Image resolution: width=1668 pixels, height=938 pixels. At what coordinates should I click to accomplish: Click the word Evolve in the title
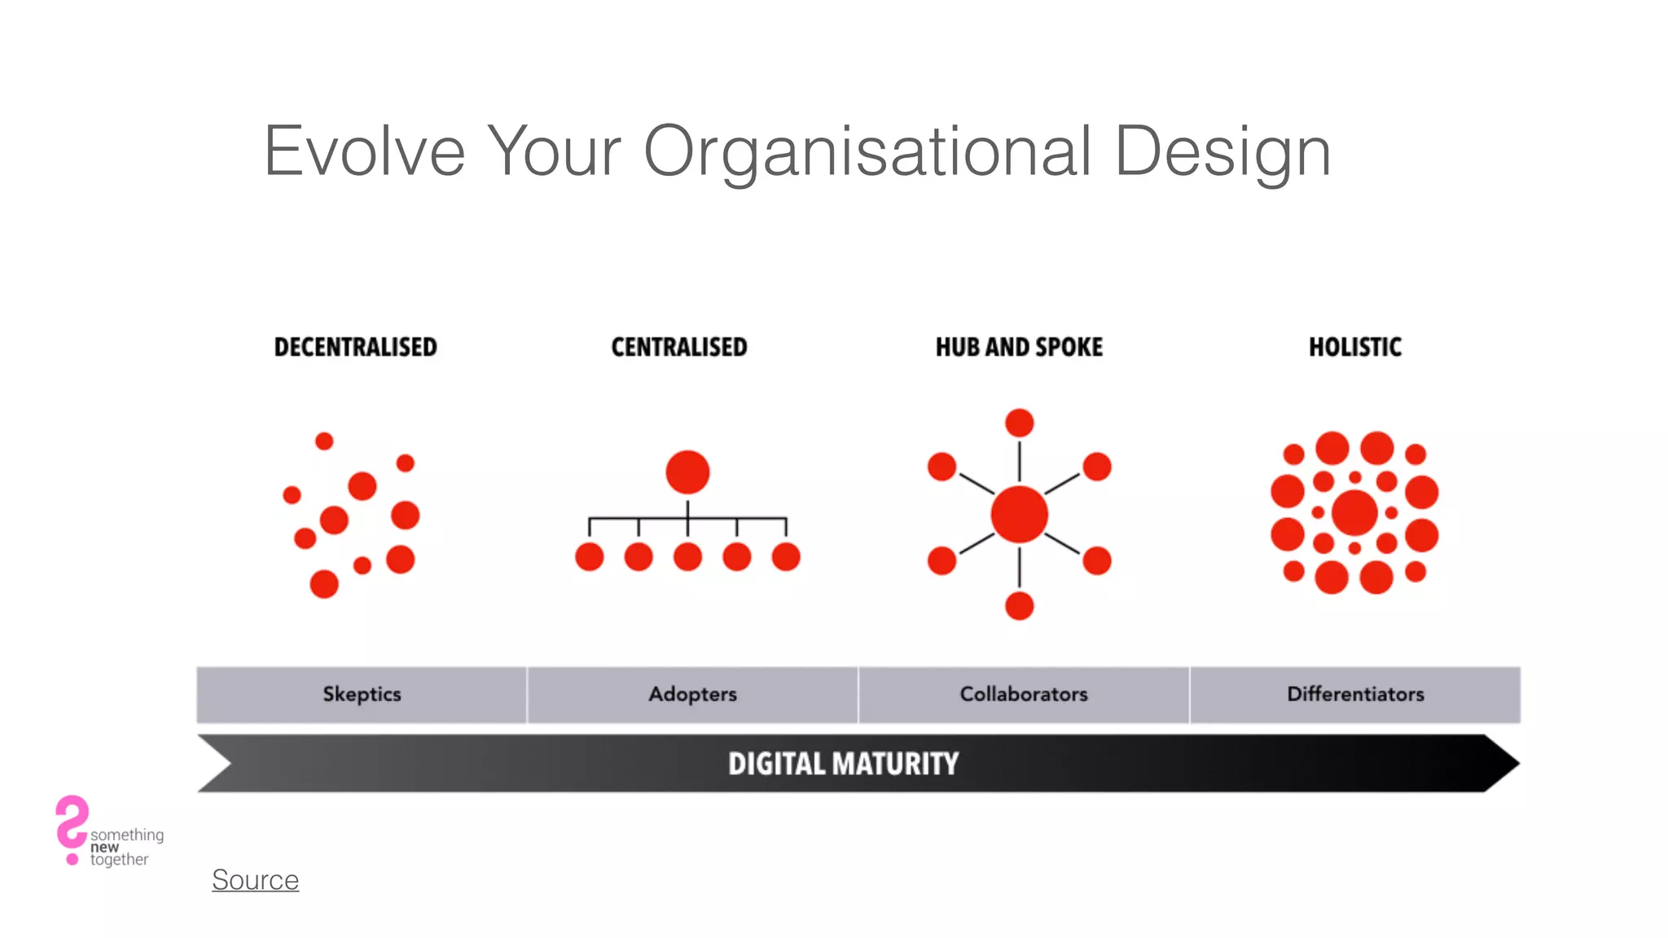click(364, 151)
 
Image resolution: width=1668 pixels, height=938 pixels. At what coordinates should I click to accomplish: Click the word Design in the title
click(1222, 151)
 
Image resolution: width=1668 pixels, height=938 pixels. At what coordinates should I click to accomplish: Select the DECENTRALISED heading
click(355, 347)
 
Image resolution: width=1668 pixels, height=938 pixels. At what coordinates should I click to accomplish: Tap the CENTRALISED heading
click(678, 347)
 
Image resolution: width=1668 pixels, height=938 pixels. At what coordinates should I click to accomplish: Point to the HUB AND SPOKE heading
click(1019, 347)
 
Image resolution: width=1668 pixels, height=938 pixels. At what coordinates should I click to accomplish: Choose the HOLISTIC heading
click(1355, 347)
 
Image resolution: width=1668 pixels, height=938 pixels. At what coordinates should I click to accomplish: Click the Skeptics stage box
click(362, 695)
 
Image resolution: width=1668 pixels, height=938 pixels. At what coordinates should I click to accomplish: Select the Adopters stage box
click(692, 695)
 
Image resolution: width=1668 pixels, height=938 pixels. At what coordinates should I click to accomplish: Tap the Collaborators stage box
click(1024, 695)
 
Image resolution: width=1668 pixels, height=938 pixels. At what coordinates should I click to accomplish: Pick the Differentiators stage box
click(1355, 695)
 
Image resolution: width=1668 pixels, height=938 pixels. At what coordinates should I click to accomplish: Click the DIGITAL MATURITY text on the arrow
click(843, 764)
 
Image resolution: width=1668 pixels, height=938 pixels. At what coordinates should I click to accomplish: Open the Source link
click(255, 880)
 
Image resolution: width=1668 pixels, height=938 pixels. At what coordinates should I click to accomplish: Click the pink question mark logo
click(72, 827)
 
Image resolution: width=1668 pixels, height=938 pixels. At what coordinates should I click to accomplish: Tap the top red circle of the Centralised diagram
click(687, 472)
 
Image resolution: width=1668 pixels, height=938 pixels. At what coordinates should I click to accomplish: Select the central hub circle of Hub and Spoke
click(1019, 515)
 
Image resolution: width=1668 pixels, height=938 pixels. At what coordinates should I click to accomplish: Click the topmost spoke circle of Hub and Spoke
click(1019, 423)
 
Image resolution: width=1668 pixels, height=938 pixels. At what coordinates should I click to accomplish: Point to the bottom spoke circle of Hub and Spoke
click(1019, 606)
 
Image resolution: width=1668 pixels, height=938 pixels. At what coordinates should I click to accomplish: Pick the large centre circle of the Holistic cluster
click(1354, 513)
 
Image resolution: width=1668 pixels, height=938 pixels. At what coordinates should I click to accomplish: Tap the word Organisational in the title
click(867, 151)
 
